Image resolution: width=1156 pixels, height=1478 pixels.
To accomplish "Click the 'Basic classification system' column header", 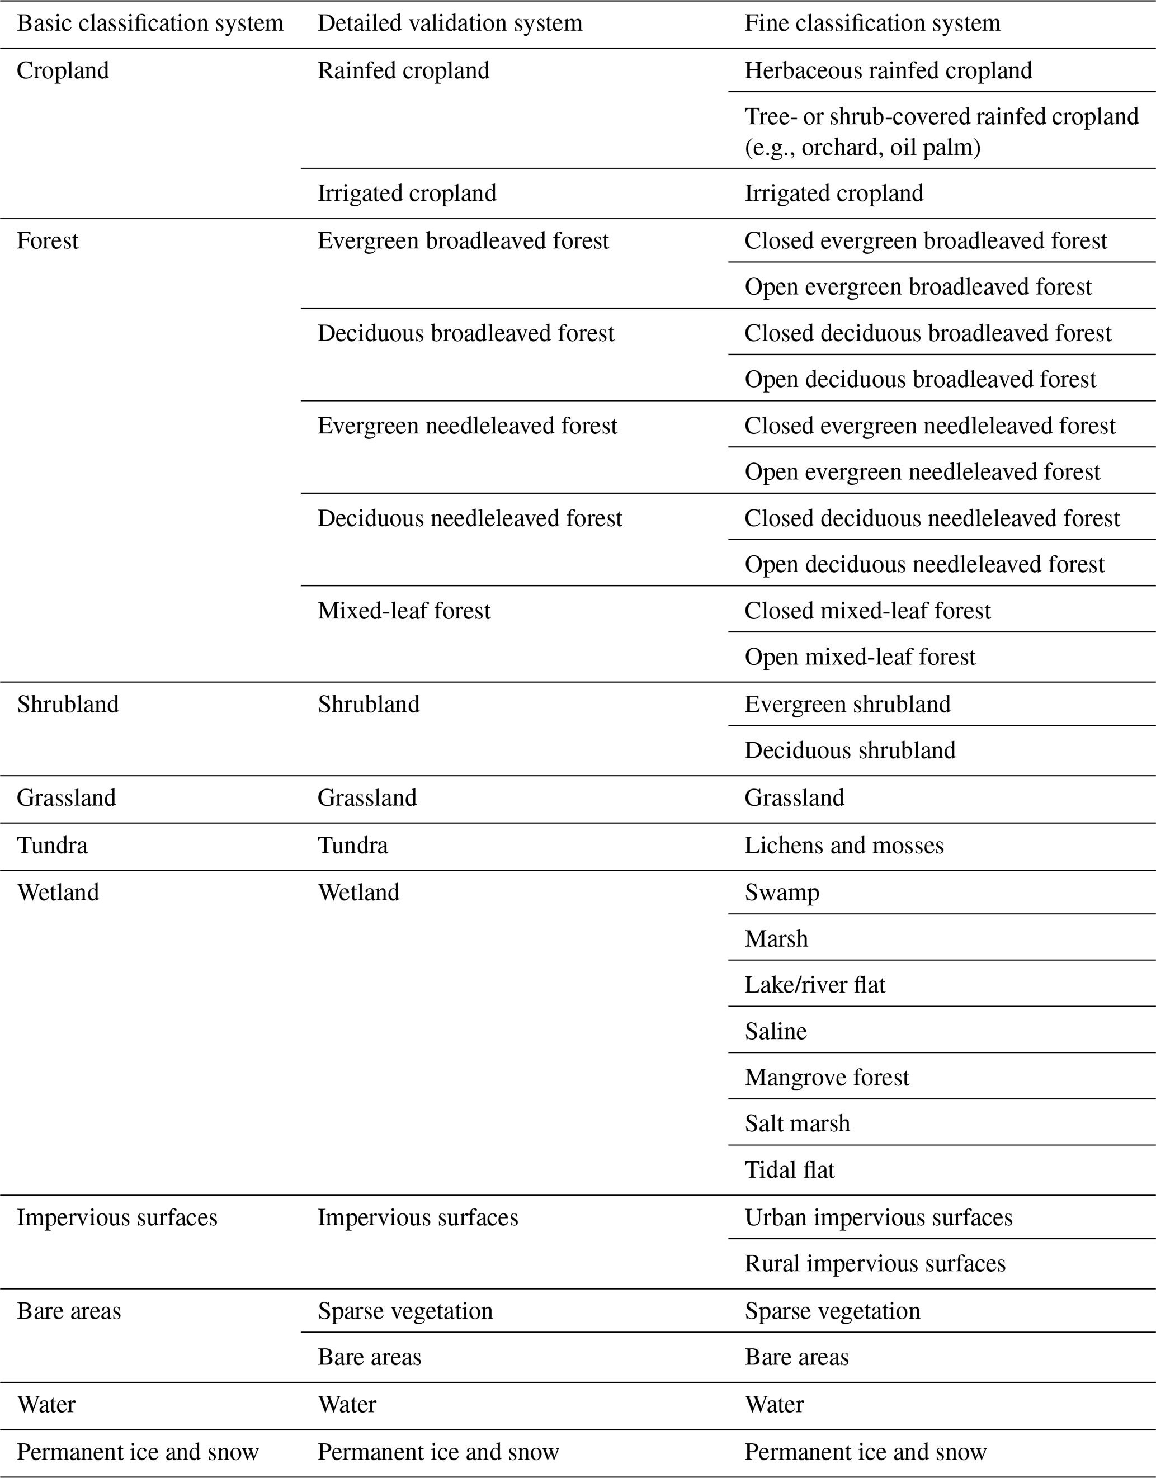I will pos(149,23).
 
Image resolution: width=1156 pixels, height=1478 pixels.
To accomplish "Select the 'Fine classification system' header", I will pos(872,23).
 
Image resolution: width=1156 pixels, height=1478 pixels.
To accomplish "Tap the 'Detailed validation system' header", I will pos(450,23).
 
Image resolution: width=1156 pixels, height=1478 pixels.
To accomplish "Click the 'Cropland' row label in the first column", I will pos(63,70).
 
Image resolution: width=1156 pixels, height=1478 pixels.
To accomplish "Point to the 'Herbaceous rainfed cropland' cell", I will pos(888,70).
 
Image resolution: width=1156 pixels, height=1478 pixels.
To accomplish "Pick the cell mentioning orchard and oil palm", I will pos(941,131).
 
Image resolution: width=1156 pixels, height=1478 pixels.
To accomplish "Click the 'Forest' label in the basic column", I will pos(48,241).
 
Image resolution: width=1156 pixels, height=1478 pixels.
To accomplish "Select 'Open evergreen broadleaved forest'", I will pos(918,287).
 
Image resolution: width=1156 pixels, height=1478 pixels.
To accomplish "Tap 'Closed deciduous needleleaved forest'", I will pos(932,518).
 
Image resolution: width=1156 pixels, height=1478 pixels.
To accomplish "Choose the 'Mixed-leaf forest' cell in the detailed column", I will pos(404,611).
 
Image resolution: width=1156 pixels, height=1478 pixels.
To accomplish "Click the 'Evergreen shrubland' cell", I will pos(847,705).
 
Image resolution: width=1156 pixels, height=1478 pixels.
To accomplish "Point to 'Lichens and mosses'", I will pos(844,845).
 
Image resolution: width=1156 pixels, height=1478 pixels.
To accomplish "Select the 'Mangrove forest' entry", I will pos(827,1078).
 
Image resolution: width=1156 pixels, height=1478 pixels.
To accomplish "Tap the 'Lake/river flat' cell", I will pos(815,985).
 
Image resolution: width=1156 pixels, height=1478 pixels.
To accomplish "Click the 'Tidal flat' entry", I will pos(789,1170).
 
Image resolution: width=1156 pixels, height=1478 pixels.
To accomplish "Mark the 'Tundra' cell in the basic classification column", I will pos(52,845).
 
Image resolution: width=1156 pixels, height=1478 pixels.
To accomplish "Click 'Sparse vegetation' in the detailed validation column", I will pos(405,1311).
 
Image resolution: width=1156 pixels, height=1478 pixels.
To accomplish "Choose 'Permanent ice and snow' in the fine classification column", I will pos(865,1452).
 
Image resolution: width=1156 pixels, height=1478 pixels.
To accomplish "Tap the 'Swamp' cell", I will pos(782,893).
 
